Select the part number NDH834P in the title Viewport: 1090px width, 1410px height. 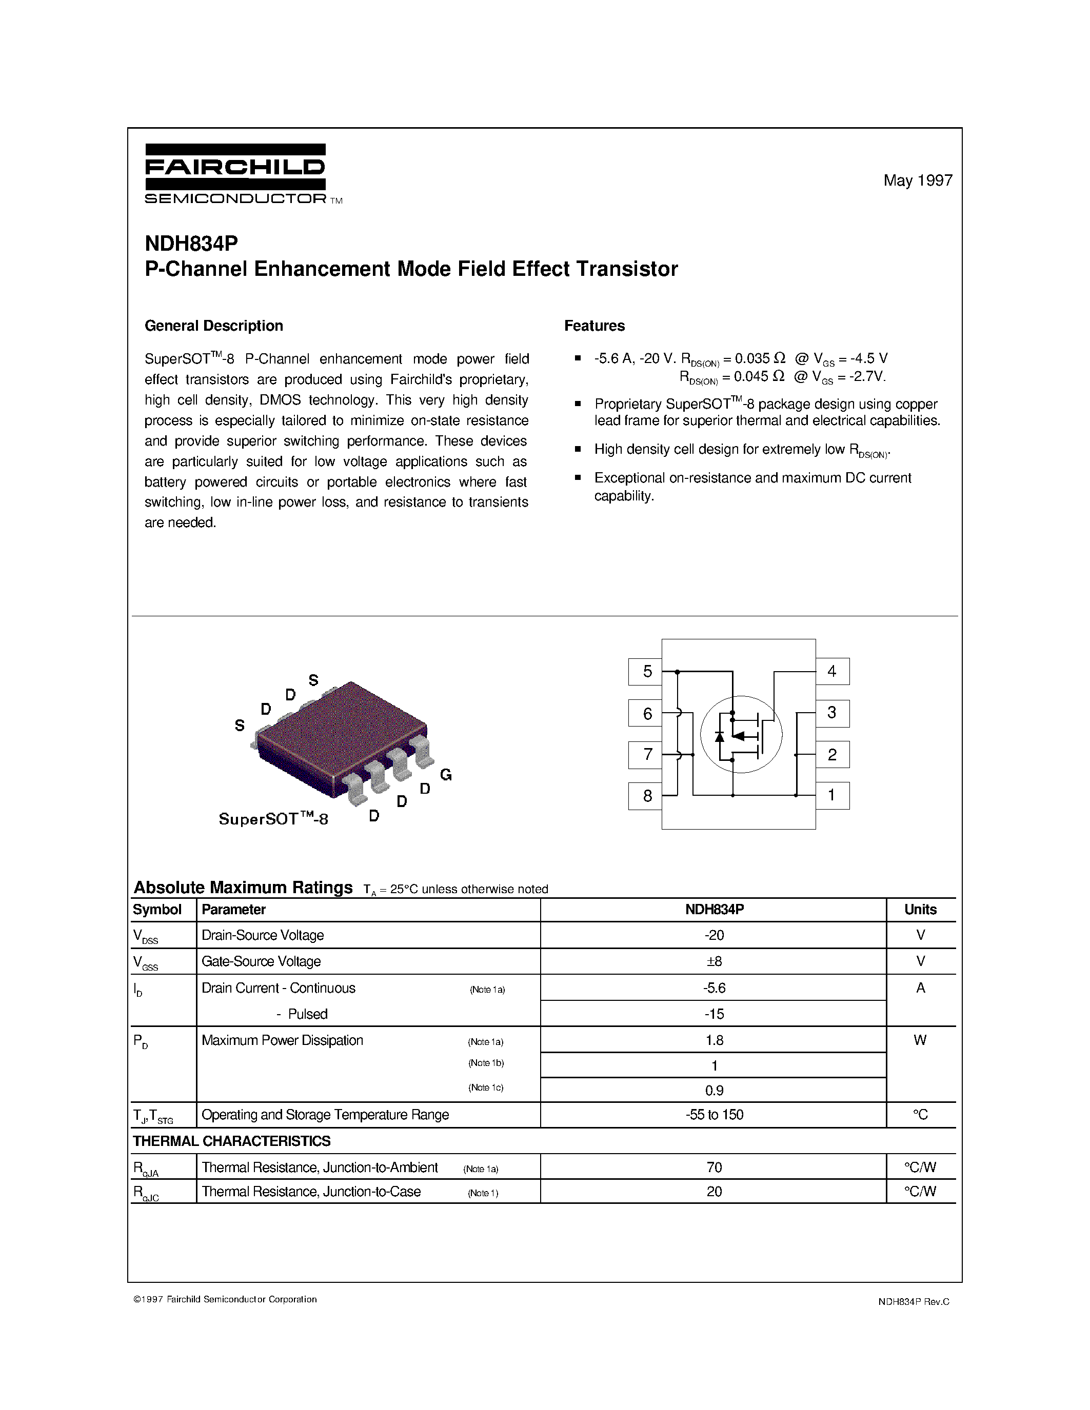click(x=191, y=244)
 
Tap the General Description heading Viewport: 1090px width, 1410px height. click(x=214, y=326)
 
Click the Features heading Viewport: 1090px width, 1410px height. click(x=594, y=326)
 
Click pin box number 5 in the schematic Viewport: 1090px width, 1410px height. click(x=646, y=672)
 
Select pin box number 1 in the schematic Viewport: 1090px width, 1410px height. click(x=831, y=795)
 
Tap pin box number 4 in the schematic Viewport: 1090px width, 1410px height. click(x=831, y=672)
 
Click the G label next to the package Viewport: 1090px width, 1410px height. click(x=446, y=775)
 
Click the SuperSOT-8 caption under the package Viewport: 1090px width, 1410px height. click(x=273, y=819)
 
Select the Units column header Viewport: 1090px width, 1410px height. click(x=920, y=910)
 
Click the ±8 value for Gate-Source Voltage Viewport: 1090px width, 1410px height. click(x=714, y=961)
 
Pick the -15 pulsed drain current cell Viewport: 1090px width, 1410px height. click(x=714, y=1014)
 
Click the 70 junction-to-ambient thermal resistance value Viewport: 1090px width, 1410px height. click(x=714, y=1167)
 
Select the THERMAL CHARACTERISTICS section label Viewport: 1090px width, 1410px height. click(x=231, y=1141)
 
